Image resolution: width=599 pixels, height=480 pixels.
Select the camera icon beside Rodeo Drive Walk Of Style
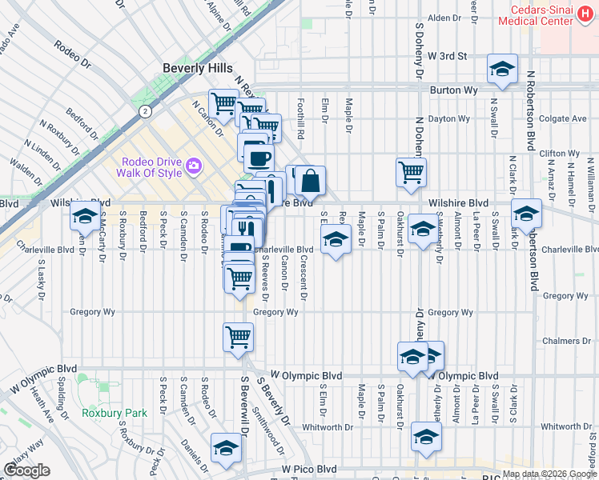193,166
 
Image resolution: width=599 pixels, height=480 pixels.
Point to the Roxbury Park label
114,414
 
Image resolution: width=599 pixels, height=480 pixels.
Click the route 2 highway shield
145,110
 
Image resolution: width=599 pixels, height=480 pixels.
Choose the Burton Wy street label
453,90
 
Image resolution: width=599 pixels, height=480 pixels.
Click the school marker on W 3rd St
502,69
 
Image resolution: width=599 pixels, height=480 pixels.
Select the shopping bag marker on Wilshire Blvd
311,181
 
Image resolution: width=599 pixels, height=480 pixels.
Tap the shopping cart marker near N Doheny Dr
411,171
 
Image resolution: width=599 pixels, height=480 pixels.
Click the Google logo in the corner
27,470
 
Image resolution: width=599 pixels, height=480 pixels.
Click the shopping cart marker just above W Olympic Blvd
239,336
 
